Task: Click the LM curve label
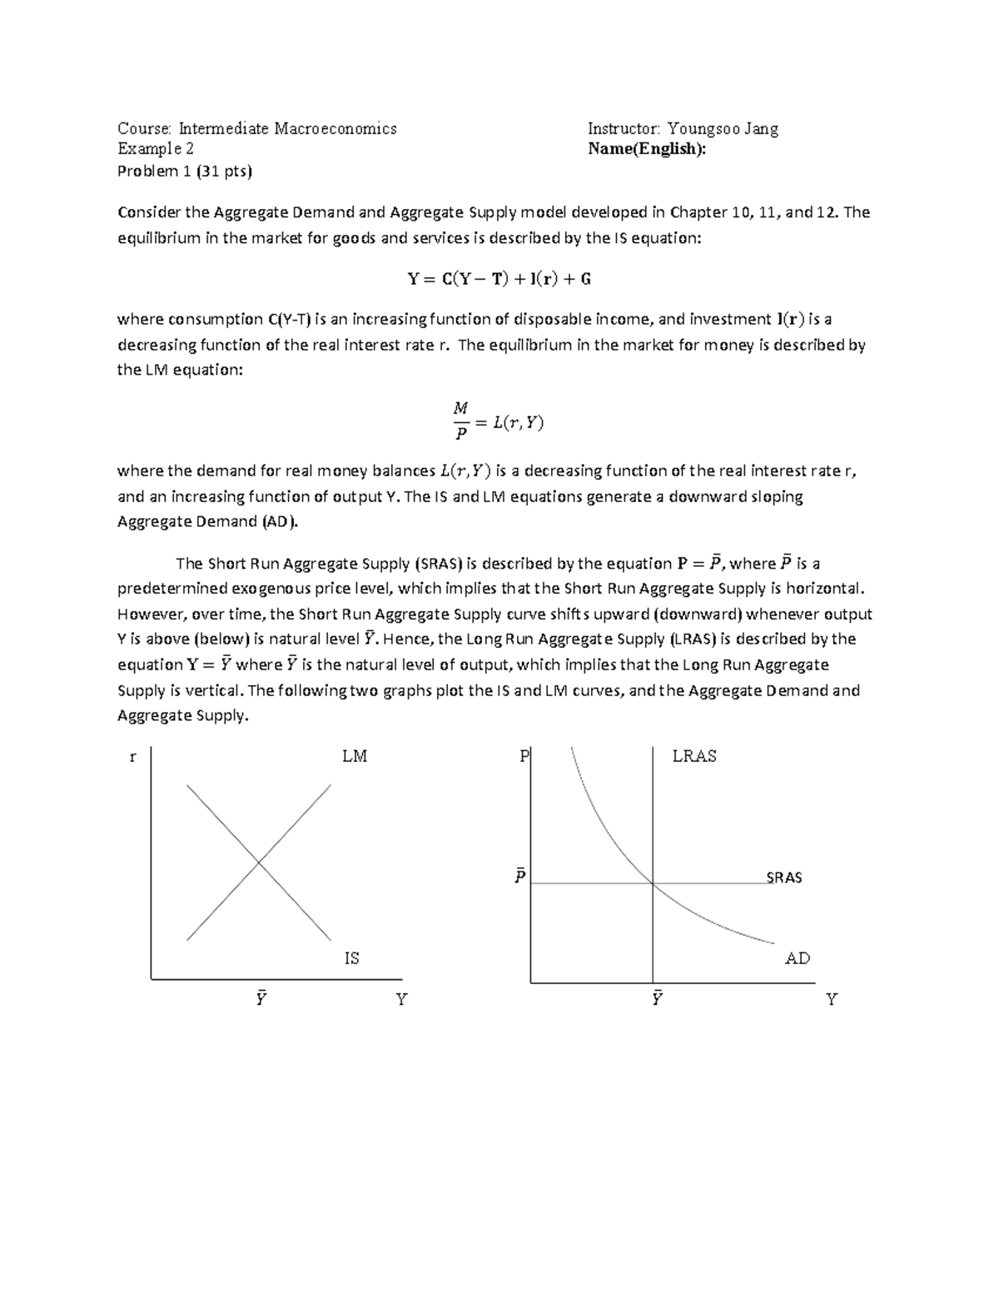tap(354, 756)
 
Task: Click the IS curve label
tap(352, 958)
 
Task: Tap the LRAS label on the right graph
tap(694, 756)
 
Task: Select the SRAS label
tap(784, 878)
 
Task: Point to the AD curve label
tap(798, 958)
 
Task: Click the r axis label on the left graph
tap(132, 757)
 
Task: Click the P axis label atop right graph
tap(524, 756)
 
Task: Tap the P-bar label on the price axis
tap(519, 877)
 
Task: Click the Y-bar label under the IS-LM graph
tap(261, 998)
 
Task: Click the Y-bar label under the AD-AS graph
tap(657, 998)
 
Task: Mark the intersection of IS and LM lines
tap(259, 863)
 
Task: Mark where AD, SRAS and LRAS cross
tap(653, 883)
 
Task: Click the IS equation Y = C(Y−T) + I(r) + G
tap(499, 279)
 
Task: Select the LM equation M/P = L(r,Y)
tap(499, 421)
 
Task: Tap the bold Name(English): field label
tap(646, 149)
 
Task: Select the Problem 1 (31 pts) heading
tap(184, 172)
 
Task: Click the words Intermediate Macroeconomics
tap(288, 128)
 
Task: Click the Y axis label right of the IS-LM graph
tap(401, 999)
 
